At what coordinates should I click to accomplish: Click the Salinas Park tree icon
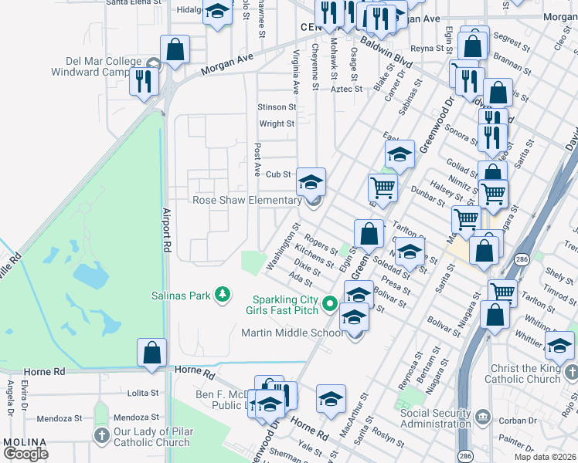pos(223,295)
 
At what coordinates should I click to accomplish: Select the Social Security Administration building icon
pos(482,417)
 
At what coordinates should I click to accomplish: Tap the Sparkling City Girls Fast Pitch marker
pos(331,305)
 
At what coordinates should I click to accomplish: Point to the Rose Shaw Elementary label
pos(246,201)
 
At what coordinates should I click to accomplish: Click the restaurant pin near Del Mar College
pos(144,81)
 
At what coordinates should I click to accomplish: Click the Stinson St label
pos(277,107)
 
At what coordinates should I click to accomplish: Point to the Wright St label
pos(277,123)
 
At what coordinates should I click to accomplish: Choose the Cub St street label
pos(278,175)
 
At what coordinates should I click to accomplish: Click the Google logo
pos(26,454)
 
